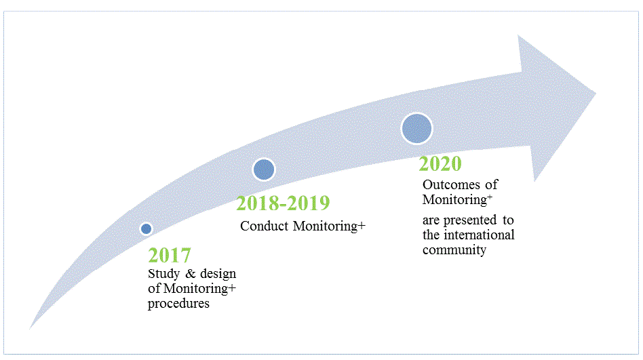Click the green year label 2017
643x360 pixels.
click(x=170, y=255)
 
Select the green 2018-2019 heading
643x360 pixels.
click(x=283, y=203)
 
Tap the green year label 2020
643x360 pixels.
click(x=440, y=163)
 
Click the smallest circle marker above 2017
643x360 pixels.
click(x=146, y=228)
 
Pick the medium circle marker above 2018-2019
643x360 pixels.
click(x=264, y=169)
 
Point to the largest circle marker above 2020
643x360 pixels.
click(x=416, y=128)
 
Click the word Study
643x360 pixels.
click(x=164, y=274)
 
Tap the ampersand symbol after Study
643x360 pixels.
click(x=191, y=274)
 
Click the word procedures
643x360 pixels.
click(x=179, y=304)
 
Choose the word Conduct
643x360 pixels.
click(x=265, y=226)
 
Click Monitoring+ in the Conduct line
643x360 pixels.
click(x=329, y=226)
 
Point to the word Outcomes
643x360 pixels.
click(x=452, y=185)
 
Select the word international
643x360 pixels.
click(x=480, y=235)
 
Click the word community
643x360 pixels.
click(x=454, y=250)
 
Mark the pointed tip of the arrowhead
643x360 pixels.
click(x=596, y=94)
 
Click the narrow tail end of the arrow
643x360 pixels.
click(x=30, y=328)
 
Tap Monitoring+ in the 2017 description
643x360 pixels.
click(x=199, y=289)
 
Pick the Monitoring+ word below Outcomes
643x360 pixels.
click(x=458, y=200)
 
